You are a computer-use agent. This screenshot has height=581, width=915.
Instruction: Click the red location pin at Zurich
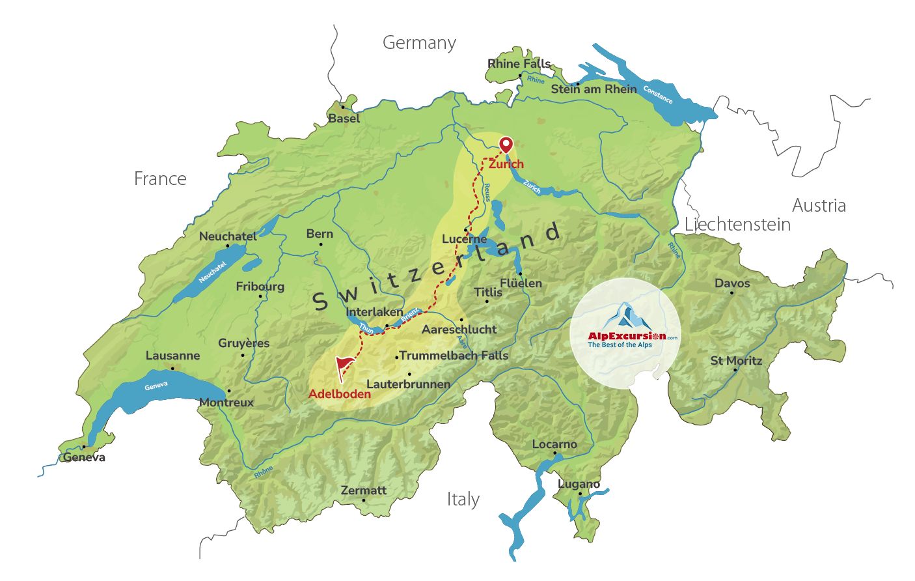(x=506, y=145)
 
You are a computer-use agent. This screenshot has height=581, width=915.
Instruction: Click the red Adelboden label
(x=339, y=393)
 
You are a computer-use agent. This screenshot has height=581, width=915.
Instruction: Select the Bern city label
(x=320, y=234)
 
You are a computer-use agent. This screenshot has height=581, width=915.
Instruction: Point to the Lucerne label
(x=464, y=239)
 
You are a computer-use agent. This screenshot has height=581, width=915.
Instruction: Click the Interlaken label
(x=374, y=312)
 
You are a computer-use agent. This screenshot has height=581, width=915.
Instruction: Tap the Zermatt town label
(x=363, y=490)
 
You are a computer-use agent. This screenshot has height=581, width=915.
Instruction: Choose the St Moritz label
(x=736, y=360)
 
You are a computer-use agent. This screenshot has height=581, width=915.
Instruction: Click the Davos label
(x=732, y=283)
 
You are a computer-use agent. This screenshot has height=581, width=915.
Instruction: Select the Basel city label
(x=344, y=119)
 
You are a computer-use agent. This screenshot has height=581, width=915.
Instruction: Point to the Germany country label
(x=419, y=43)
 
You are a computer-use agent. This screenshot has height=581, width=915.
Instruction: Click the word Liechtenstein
(x=737, y=225)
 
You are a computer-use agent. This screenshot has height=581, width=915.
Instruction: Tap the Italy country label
(x=463, y=500)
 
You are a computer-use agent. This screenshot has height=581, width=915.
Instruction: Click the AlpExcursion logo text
(x=627, y=336)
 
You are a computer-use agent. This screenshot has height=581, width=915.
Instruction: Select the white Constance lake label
(x=658, y=95)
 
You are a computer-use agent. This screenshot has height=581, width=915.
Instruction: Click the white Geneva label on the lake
(x=156, y=386)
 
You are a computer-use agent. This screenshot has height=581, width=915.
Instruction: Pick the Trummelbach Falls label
(x=454, y=356)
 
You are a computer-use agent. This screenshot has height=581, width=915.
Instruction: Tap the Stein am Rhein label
(x=594, y=89)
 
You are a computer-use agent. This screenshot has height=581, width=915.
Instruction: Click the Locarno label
(x=554, y=444)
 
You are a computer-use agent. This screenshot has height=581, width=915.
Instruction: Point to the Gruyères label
(x=243, y=343)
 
